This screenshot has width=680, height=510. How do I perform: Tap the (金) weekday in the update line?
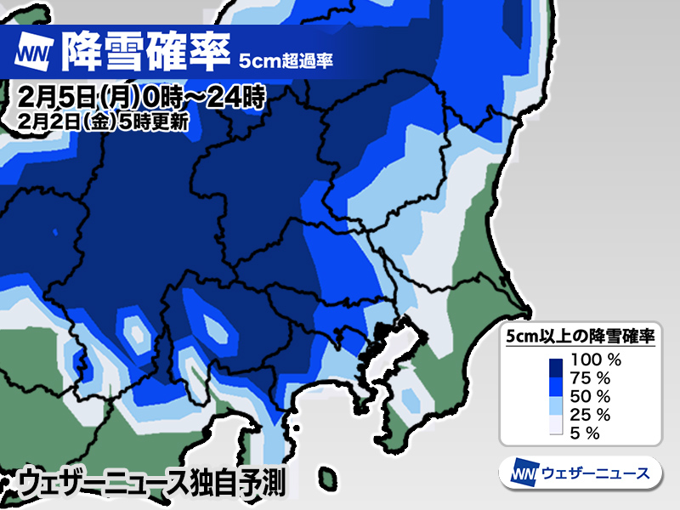(x=96, y=120)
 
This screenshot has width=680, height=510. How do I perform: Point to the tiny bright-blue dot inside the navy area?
(x=55, y=231)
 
